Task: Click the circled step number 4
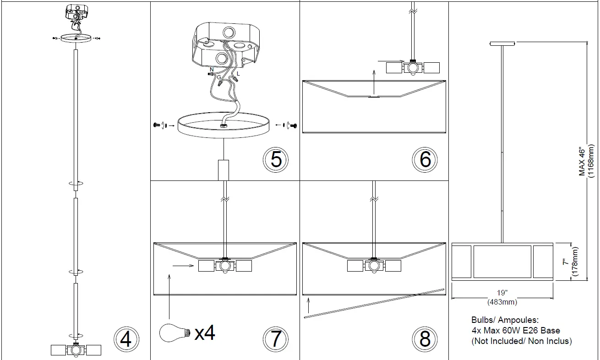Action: click(x=125, y=340)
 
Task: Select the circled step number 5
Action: click(x=276, y=159)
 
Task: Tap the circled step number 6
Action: click(x=425, y=159)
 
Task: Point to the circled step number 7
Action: click(x=276, y=339)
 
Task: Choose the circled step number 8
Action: click(x=425, y=339)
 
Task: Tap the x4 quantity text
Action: click(x=205, y=333)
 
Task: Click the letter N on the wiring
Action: click(x=212, y=70)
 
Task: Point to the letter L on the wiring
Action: click(x=238, y=73)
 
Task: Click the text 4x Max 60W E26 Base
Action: click(x=516, y=330)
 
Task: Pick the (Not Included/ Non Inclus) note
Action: click(x=522, y=341)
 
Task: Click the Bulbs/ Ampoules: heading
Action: click(x=505, y=320)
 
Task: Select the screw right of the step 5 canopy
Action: click(x=294, y=125)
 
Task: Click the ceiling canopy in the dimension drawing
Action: click(x=502, y=44)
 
